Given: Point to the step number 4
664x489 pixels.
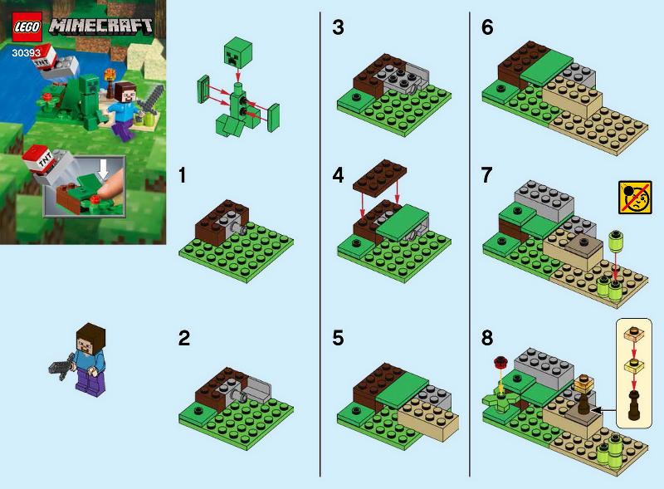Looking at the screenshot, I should coord(338,176).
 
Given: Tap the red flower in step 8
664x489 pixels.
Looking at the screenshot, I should coord(500,362).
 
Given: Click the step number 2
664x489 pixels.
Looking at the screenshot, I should coord(185,338).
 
